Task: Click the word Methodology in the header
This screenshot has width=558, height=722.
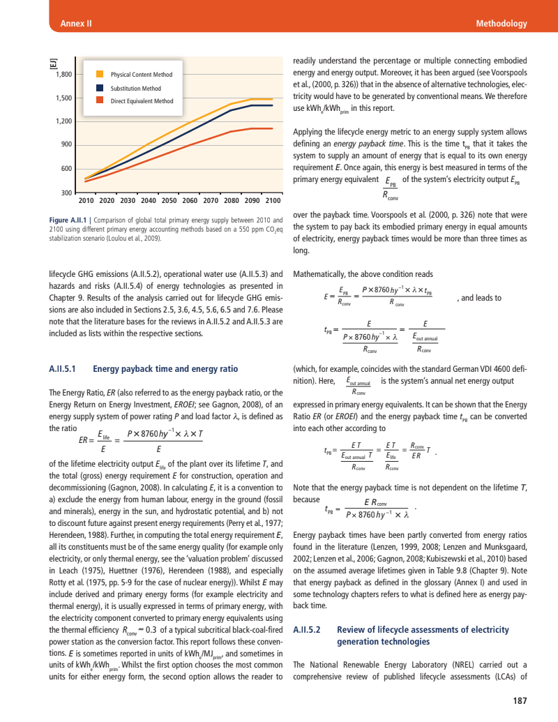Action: pos(501,24)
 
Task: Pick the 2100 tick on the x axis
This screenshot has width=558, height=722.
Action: pos(272,202)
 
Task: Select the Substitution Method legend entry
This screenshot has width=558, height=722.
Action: pos(135,89)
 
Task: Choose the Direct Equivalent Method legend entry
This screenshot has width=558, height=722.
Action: pos(142,101)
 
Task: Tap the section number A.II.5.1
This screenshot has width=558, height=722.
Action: pos(66,369)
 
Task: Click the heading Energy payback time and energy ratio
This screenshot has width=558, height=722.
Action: pos(165,369)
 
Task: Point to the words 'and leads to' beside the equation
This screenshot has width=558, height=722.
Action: pos(478,297)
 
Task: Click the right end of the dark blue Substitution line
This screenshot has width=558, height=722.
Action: pos(272,106)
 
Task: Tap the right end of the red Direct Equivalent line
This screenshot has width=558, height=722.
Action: pos(272,128)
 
